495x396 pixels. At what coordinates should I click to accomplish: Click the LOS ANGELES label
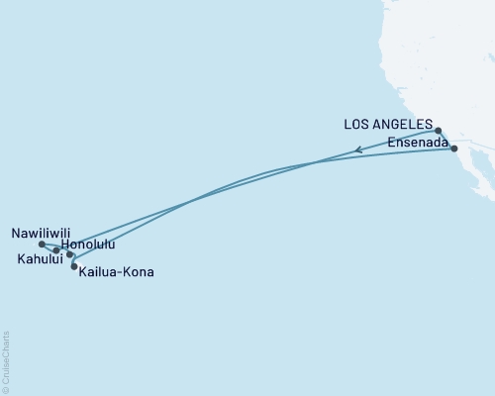(388, 125)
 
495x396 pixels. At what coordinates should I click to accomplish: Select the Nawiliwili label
(39, 234)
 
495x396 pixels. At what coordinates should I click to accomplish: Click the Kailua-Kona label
(117, 270)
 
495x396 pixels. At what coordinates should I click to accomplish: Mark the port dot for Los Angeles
(438, 130)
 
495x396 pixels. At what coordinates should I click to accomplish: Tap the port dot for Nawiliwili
(41, 244)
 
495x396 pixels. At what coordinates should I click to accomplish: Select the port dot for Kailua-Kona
(74, 266)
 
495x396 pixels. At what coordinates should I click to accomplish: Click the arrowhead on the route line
(358, 151)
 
